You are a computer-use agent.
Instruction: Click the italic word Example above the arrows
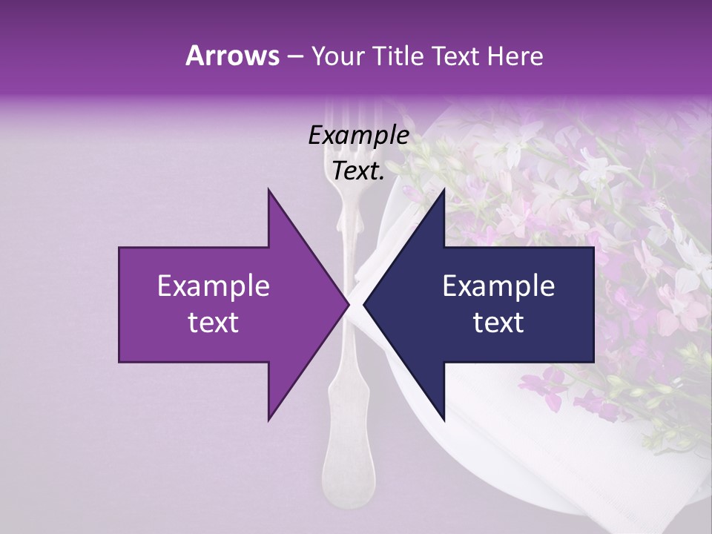(358, 136)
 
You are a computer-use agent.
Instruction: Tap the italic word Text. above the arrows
(358, 171)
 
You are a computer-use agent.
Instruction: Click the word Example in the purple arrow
(214, 286)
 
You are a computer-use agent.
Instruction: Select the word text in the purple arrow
(214, 322)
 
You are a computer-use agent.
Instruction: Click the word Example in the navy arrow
(498, 286)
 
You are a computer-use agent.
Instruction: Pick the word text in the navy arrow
(498, 322)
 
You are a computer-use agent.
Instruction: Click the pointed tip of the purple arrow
(349, 305)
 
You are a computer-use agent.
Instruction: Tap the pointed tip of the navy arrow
(363, 305)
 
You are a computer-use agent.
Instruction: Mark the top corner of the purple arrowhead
(268, 190)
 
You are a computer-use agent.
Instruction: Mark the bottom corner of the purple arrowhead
(268, 421)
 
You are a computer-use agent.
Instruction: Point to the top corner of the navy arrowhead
(444, 190)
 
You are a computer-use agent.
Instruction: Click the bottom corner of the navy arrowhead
(444, 421)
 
